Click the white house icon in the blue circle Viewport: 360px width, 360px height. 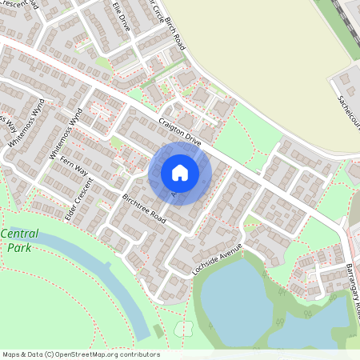pos(180,173)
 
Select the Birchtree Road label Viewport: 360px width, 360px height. pos(145,208)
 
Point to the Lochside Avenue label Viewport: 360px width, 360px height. pos(217,260)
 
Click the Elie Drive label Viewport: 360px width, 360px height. pos(122,15)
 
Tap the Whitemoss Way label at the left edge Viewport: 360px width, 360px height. pos(6,128)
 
